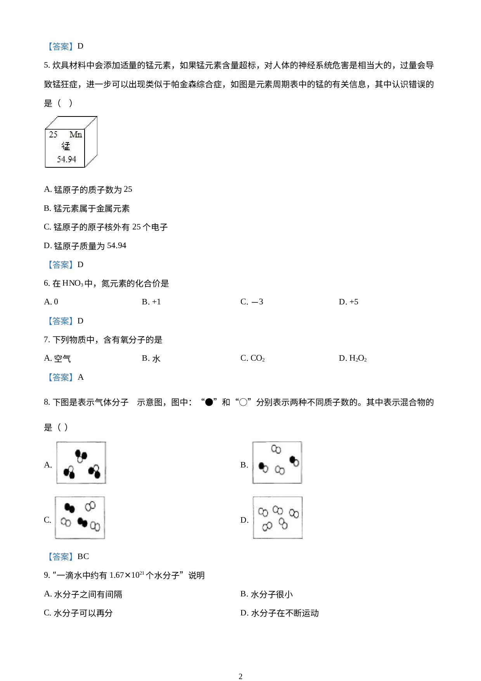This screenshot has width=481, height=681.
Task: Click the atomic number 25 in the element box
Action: (x=53, y=134)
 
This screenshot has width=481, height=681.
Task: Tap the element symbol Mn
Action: (x=76, y=134)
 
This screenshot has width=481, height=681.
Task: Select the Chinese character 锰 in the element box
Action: (x=66, y=146)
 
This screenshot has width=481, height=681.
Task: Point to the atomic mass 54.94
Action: (x=66, y=159)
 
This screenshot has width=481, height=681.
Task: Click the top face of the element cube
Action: (x=71, y=122)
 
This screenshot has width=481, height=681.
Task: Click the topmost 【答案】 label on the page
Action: (x=61, y=47)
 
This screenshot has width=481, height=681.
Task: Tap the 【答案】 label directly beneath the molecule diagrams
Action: (x=61, y=556)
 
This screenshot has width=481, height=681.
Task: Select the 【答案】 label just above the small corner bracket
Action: (x=61, y=377)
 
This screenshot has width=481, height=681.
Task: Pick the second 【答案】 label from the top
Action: (x=61, y=264)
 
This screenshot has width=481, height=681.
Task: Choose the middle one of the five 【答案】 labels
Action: (x=61, y=321)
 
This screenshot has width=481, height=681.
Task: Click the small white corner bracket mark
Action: (x=133, y=400)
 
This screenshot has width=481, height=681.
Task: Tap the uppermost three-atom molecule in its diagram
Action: (x=81, y=456)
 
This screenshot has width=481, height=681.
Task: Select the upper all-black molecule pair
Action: (x=70, y=507)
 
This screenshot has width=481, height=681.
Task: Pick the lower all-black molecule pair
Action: (x=82, y=522)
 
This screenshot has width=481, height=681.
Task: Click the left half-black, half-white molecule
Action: (x=263, y=467)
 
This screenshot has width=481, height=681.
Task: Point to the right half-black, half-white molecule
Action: (x=294, y=461)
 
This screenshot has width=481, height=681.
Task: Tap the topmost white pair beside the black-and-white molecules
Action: (x=276, y=449)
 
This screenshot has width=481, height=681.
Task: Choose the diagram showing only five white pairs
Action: (x=277, y=518)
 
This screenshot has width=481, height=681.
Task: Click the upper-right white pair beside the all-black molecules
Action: (x=90, y=506)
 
